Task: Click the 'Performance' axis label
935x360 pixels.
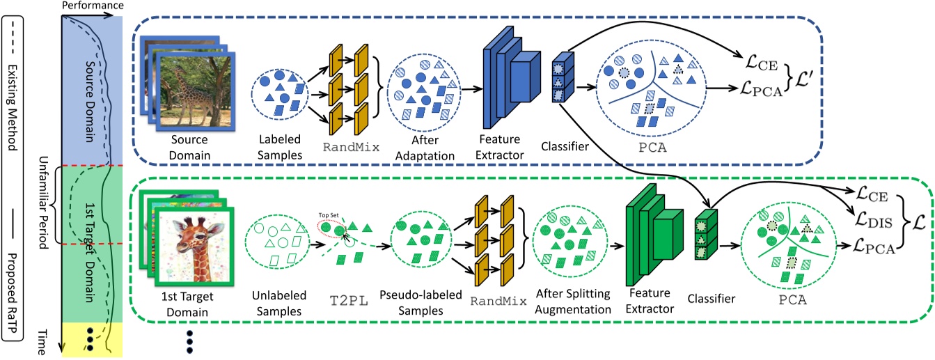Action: coord(93,6)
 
